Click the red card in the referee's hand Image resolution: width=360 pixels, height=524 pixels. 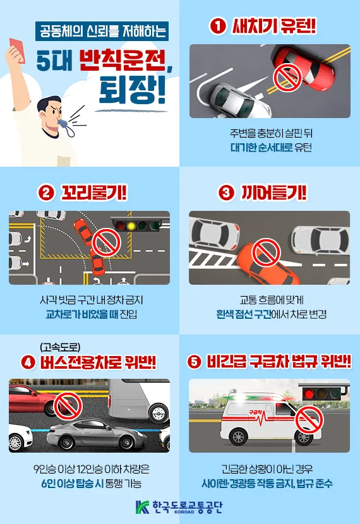(16, 47)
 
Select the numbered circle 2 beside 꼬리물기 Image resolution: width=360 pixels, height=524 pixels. (45, 193)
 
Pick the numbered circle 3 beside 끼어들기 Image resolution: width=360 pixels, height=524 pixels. (226, 193)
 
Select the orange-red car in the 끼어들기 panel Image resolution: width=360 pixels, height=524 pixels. (268, 261)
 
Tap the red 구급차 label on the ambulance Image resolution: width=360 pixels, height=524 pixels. (256, 411)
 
